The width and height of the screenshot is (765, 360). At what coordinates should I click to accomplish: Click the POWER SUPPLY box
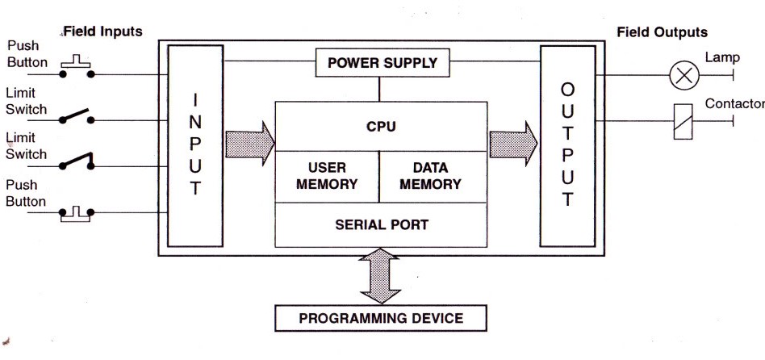coord(382,62)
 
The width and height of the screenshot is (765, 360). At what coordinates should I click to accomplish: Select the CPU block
coord(381,126)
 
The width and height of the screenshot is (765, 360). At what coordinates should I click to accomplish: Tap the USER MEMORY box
coord(327,176)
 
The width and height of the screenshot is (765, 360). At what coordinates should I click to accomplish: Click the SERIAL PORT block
coord(381,224)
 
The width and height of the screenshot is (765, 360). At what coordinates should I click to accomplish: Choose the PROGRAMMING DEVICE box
coord(381,318)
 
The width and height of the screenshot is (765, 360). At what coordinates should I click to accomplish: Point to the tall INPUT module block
coord(194,145)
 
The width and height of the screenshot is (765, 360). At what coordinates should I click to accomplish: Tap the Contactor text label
coord(734,104)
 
